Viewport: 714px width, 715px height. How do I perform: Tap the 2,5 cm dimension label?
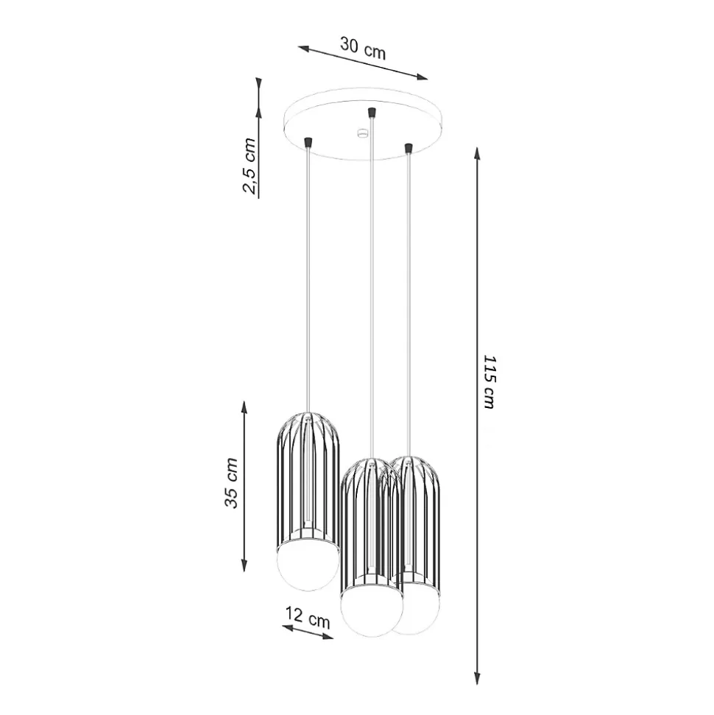click(249, 166)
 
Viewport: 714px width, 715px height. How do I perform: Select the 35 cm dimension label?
click(231, 483)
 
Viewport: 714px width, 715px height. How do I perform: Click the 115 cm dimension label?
click(488, 381)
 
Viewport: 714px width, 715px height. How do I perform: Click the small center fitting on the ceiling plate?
click(362, 133)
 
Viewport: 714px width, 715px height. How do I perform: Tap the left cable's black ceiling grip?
click(308, 141)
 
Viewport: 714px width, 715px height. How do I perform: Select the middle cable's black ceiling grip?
click(372, 112)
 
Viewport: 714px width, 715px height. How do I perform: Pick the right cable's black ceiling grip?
click(408, 149)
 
